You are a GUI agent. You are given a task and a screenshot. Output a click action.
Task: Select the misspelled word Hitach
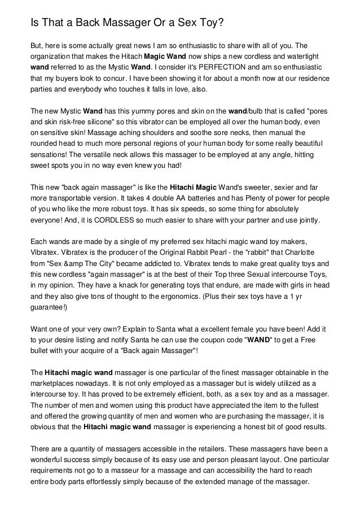click(x=129, y=57)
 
